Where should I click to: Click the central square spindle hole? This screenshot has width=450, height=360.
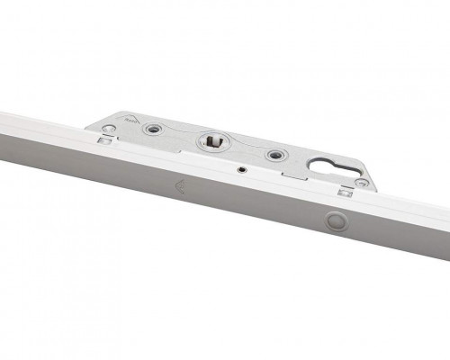coord(213,140)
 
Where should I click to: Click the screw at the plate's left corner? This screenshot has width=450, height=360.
coord(109,130)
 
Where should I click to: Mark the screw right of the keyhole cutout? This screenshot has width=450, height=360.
coord(362,183)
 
